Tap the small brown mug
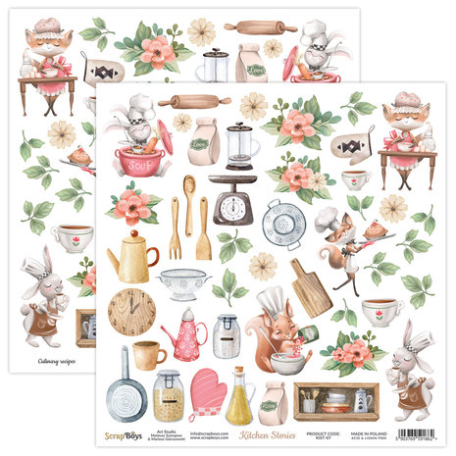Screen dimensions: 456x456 tap(147, 354)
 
